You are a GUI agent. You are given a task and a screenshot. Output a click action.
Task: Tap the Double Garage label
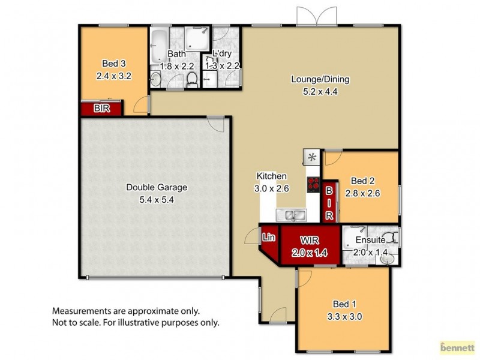tap(157, 187)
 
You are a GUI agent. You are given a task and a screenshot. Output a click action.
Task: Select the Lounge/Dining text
tap(320, 79)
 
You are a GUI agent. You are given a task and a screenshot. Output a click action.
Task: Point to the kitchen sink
tap(292, 214)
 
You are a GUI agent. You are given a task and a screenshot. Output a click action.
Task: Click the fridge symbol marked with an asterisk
tap(312, 157)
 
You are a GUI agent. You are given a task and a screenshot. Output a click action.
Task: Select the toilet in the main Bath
tap(192, 79)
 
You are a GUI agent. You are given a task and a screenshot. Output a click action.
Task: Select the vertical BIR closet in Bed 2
tap(329, 203)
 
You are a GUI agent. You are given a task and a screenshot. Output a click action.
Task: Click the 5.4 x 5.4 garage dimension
tap(157, 199)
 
